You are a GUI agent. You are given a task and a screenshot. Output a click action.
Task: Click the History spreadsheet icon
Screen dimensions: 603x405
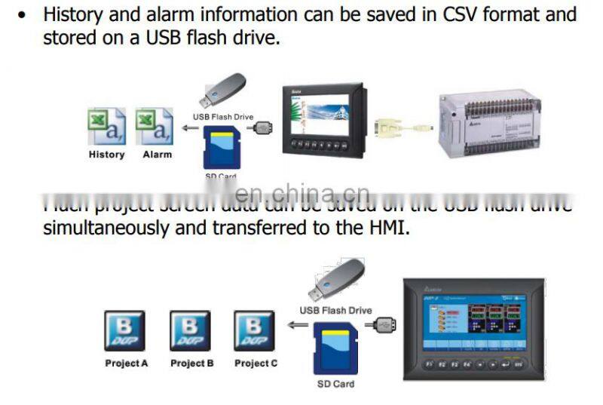click(x=106, y=126)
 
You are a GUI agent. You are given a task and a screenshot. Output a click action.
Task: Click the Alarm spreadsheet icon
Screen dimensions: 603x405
click(x=155, y=126)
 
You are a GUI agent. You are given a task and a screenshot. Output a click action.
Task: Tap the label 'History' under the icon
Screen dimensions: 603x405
click(x=106, y=155)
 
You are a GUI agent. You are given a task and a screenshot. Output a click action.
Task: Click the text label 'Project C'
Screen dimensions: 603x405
click(x=256, y=364)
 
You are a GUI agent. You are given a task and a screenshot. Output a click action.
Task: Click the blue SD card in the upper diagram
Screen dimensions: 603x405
click(x=221, y=147)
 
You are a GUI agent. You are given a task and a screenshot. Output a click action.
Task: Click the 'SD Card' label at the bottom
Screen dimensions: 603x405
click(x=334, y=384)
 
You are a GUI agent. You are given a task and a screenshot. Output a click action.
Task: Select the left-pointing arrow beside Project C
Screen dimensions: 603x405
click(x=294, y=327)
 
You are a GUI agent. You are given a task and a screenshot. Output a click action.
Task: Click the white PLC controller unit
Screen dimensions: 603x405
click(x=490, y=121)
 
